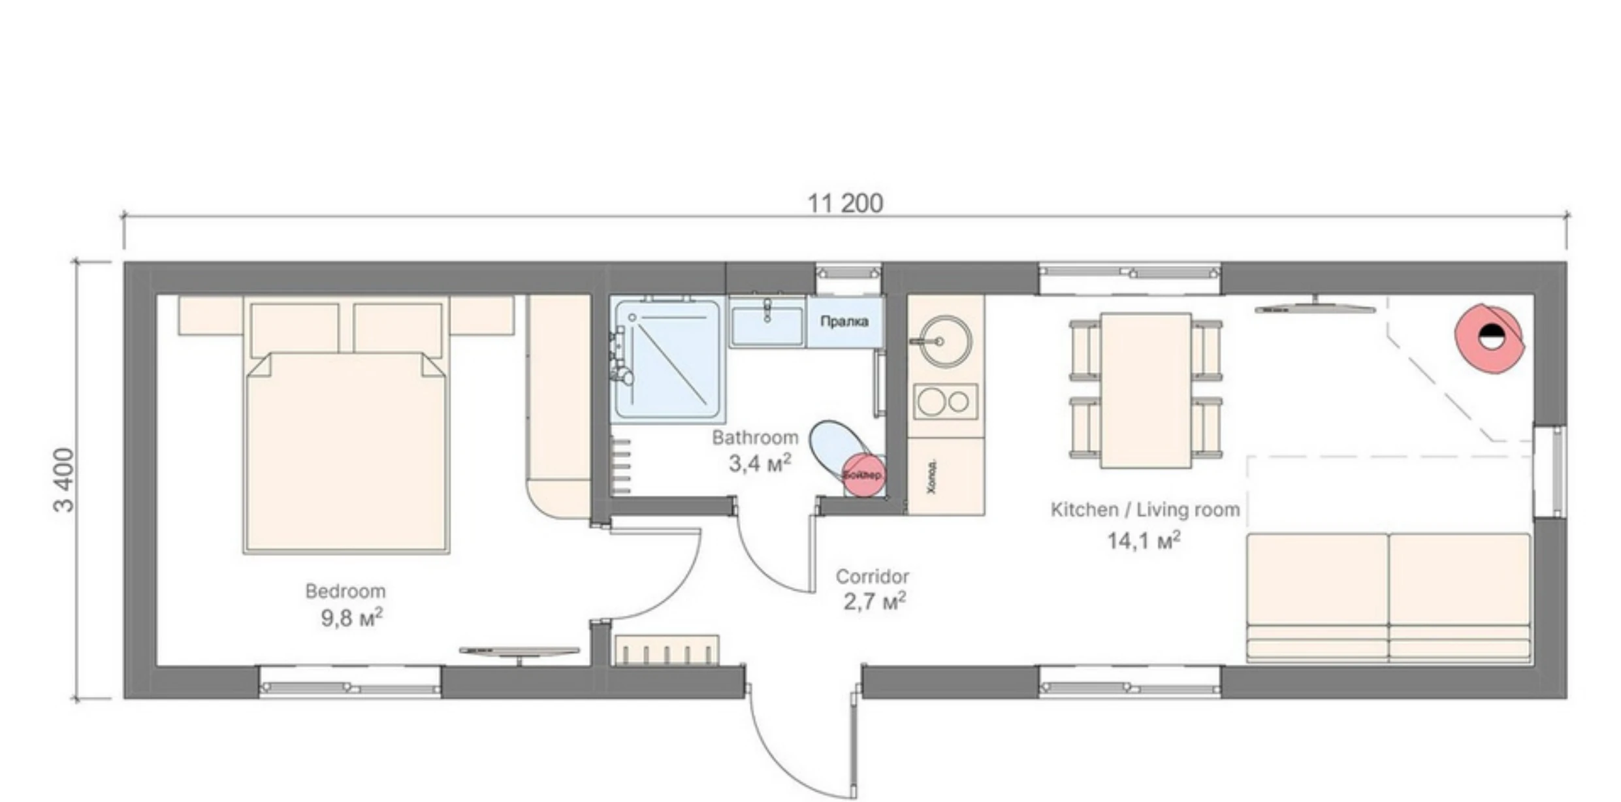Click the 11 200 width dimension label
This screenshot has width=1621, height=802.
[845, 204]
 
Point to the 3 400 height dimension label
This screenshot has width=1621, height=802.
[64, 480]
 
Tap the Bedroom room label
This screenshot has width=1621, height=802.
[345, 591]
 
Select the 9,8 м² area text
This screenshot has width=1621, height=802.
[351, 618]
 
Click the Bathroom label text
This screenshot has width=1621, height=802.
[755, 438]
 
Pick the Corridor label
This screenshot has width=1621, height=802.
[872, 577]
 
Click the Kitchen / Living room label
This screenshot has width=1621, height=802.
[1145, 510]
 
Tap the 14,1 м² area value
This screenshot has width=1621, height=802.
[1143, 541]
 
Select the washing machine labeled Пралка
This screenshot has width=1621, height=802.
[844, 322]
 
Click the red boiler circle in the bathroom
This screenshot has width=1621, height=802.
[863, 475]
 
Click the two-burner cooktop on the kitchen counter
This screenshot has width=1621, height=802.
[945, 402]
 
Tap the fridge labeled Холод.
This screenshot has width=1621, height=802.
[945, 477]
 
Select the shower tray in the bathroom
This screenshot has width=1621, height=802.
[667, 359]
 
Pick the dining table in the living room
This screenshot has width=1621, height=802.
[1146, 390]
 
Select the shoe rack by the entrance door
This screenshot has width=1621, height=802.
[667, 650]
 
